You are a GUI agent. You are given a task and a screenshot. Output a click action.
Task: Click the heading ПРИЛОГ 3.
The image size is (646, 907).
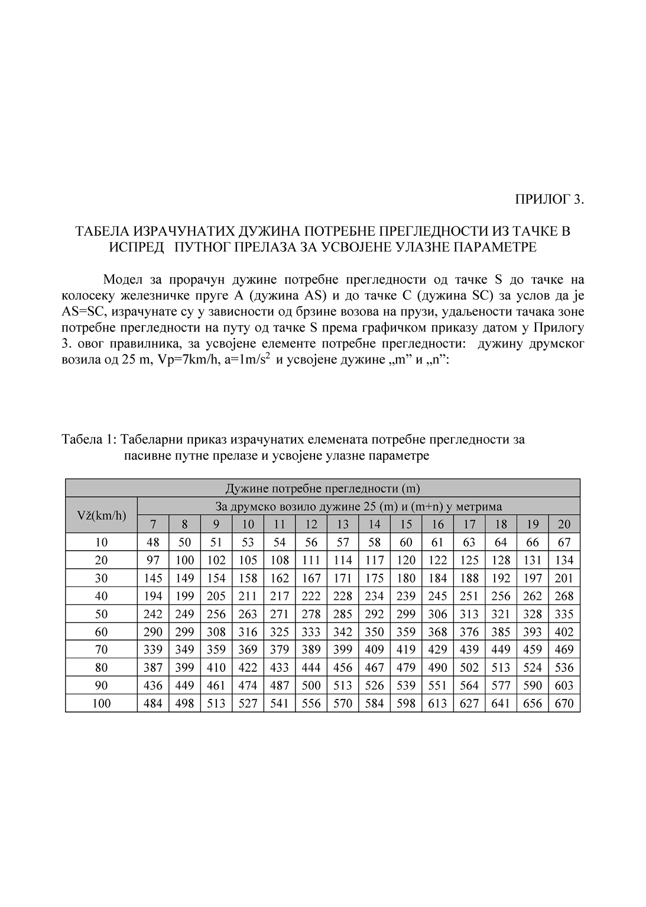[x=550, y=199]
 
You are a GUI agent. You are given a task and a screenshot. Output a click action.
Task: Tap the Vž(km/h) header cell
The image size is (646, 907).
[x=102, y=515]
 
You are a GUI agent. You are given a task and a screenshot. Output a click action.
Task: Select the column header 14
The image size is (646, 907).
[x=374, y=524]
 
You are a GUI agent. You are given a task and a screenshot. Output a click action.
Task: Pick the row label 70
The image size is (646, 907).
[x=102, y=649]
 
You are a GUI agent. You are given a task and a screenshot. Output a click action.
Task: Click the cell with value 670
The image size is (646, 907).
[x=564, y=703]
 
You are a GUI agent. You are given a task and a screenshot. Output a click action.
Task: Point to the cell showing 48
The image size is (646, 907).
[x=153, y=542]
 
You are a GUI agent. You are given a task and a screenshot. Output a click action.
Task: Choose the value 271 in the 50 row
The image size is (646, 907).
[x=280, y=614]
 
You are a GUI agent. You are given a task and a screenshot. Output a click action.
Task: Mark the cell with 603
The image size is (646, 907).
[x=564, y=685]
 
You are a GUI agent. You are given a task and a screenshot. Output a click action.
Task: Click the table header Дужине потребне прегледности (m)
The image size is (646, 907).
[x=323, y=488]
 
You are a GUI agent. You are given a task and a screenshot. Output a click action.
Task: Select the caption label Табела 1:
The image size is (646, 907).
[x=89, y=440]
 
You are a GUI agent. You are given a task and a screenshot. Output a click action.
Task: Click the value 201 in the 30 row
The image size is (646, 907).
[x=564, y=578]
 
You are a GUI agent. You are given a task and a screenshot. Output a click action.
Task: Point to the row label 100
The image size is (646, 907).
[x=102, y=703]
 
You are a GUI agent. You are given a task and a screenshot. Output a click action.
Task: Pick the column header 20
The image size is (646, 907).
[x=564, y=524]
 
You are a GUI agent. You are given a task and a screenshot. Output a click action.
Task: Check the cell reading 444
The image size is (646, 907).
[x=311, y=668]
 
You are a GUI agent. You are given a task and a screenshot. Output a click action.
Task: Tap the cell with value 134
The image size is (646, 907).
[x=564, y=560]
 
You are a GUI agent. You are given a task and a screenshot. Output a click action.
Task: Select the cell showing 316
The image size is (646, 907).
[x=248, y=632]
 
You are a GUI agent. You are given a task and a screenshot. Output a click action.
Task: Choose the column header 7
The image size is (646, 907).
[x=153, y=524]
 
